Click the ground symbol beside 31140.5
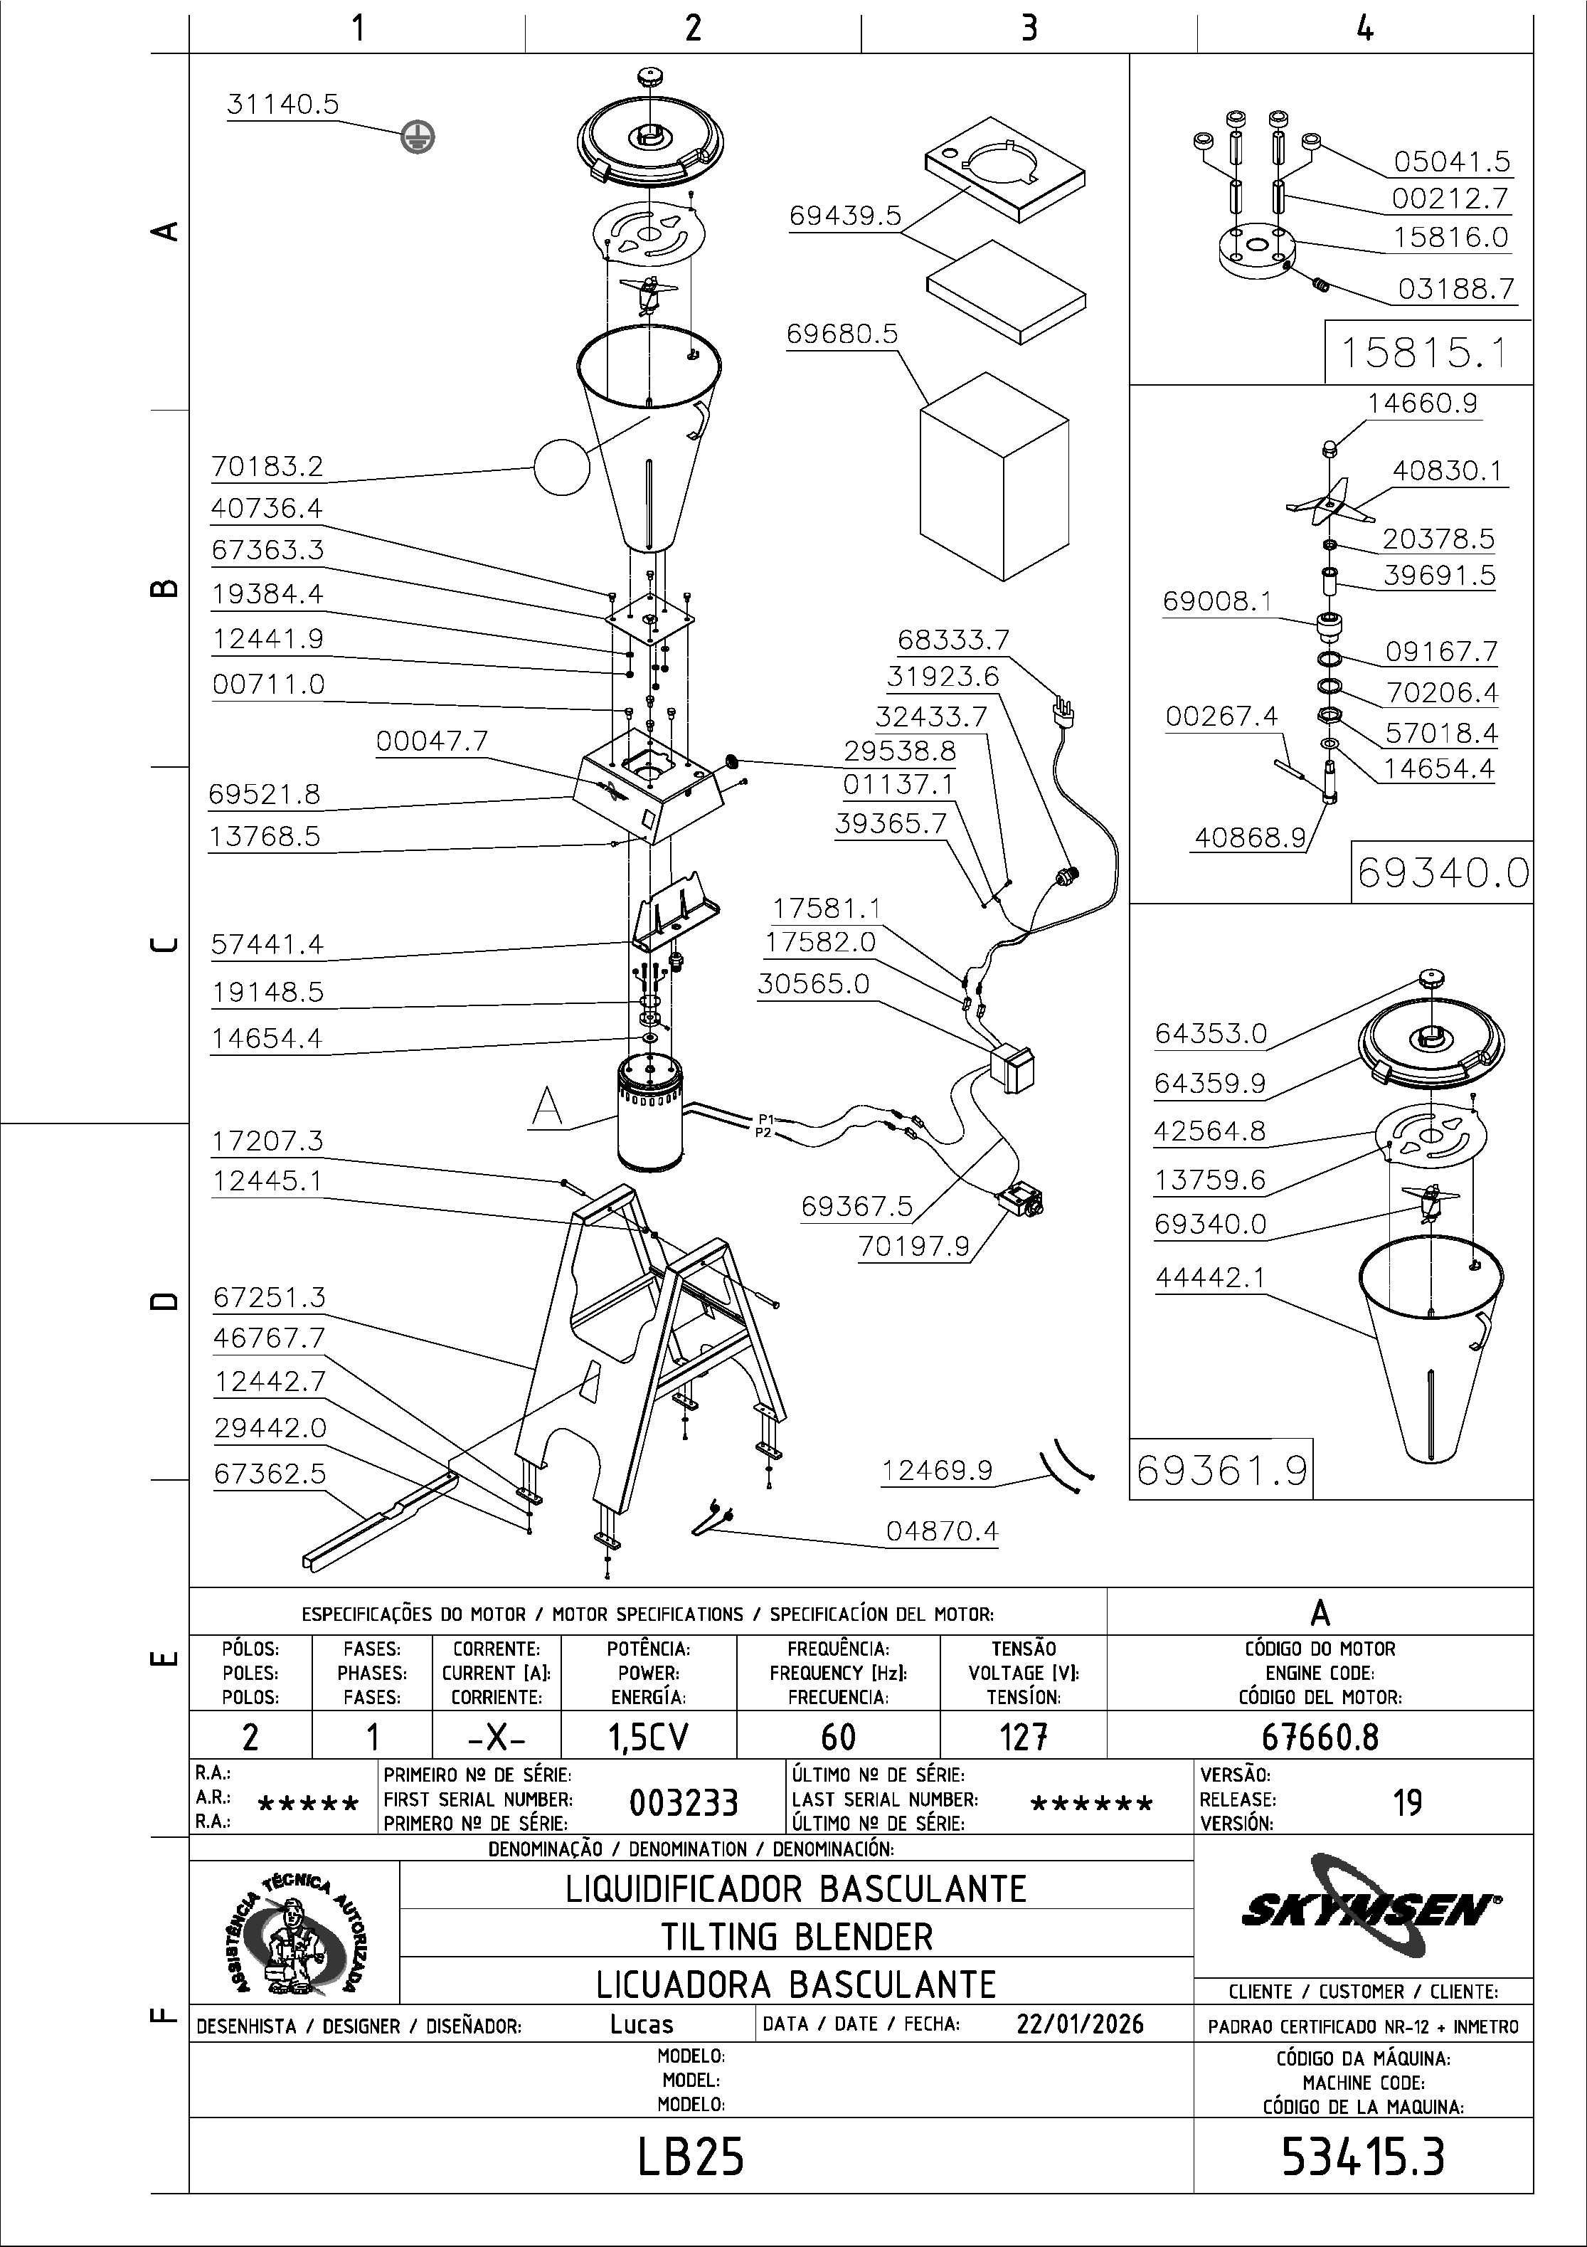click(x=418, y=137)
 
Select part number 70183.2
click(x=267, y=467)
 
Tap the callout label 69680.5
click(x=842, y=334)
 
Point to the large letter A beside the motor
click(x=547, y=1107)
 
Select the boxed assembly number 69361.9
click(x=1221, y=1470)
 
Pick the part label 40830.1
click(x=1446, y=471)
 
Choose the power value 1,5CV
click(x=648, y=1737)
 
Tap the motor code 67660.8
click(x=1319, y=1737)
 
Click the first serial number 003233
click(x=683, y=1802)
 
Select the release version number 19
click(x=1407, y=1802)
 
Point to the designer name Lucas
click(x=642, y=2024)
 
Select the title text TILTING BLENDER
click(x=797, y=1937)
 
